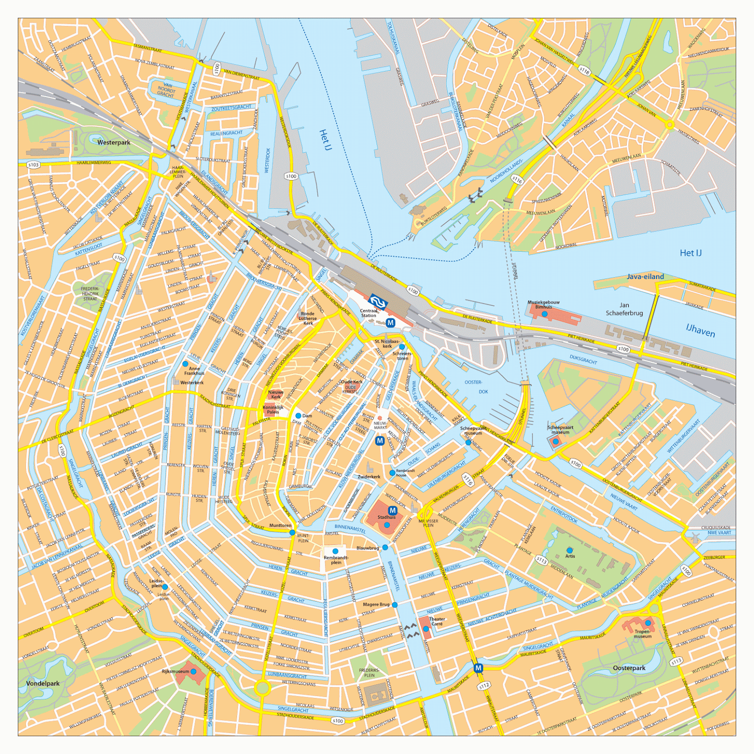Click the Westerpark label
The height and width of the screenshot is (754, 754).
[114, 142]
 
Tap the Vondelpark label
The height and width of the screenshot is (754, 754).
[43, 683]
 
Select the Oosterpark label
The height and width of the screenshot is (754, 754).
[629, 668]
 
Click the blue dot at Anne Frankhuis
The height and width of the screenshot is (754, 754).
[185, 364]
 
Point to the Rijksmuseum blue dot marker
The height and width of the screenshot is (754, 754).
[193, 672]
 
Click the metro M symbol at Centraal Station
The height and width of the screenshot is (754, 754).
[390, 323]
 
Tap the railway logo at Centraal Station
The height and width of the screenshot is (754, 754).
[377, 302]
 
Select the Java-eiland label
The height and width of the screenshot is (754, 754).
[645, 277]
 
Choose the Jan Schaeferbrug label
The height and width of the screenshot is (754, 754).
[624, 309]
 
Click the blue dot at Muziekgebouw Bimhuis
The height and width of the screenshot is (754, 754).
[544, 314]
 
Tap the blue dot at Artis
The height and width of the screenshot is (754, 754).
[570, 550]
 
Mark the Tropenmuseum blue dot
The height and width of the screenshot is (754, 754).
[648, 623]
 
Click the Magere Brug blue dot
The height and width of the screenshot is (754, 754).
[394, 605]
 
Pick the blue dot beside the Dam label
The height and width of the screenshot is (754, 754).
[298, 416]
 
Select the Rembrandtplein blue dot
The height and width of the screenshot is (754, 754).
[336, 551]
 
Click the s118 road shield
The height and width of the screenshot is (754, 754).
[584, 71]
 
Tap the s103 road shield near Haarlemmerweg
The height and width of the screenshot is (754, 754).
[33, 164]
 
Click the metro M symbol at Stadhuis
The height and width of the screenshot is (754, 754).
[392, 510]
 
